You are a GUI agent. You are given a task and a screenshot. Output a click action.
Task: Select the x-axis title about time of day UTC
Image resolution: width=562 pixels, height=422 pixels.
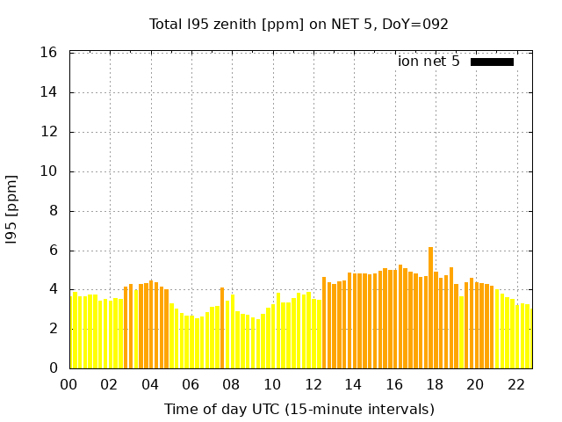tap(299, 409)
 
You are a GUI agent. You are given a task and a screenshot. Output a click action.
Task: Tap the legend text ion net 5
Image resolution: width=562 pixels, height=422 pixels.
tap(429, 62)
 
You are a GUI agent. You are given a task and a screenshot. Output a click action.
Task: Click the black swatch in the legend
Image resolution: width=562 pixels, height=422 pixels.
tap(492, 62)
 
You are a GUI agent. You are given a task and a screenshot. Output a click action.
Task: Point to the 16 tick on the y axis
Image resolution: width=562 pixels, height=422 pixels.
tap(50, 53)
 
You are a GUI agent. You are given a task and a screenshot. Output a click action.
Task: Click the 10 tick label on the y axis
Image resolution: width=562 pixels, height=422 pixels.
tap(50, 171)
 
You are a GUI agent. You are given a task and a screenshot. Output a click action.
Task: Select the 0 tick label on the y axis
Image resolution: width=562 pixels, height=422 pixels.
tap(54, 368)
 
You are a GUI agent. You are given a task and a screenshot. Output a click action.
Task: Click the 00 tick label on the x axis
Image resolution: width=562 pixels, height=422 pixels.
tap(69, 385)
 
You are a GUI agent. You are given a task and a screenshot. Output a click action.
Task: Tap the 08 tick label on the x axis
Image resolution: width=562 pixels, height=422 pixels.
tap(231, 385)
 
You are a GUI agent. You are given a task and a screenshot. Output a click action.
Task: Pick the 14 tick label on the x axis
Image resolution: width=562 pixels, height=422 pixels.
tap(353, 385)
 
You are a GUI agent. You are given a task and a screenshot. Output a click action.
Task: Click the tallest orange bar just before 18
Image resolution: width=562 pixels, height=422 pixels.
tap(430, 308)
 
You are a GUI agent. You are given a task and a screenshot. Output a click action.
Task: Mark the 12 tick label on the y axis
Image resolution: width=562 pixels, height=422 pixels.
tap(50, 132)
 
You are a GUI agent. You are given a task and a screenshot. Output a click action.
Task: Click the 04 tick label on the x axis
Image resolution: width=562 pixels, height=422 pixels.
tap(150, 385)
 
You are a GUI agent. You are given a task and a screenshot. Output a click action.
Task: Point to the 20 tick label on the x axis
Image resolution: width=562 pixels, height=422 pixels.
tap(475, 385)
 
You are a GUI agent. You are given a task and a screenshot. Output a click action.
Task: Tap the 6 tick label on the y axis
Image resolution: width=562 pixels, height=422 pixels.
tap(54, 251)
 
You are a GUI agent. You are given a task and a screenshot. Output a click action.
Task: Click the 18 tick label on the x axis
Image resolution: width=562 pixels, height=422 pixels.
tap(435, 385)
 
